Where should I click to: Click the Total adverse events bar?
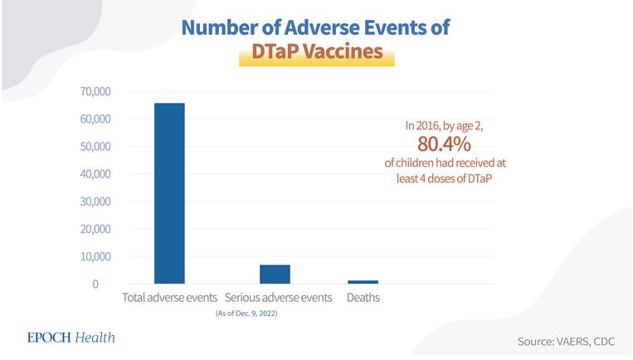pos(169,193)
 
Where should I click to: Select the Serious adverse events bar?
pos(275,275)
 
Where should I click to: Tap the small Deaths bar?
pos(363,282)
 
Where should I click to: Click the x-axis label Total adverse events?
pos(169,297)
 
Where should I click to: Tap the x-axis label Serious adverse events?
pos(278,297)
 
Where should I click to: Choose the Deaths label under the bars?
pos(363,297)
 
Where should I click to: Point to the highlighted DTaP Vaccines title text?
pos(311,52)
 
